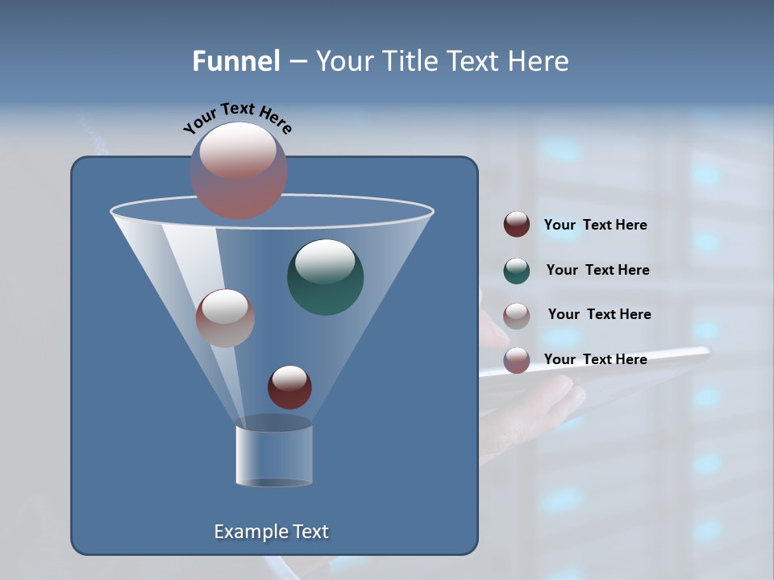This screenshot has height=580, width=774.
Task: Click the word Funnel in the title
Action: (235, 61)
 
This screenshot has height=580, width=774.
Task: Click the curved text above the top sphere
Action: (238, 118)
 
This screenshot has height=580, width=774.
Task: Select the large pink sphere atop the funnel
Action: (238, 170)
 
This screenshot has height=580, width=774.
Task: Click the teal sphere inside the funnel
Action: (325, 277)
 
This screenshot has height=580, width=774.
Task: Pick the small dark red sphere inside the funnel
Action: (289, 387)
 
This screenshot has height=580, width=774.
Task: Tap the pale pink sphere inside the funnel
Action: (225, 318)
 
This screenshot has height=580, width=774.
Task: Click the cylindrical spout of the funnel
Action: (274, 455)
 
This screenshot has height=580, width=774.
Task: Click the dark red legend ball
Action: (517, 225)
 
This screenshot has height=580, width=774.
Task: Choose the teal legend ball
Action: (517, 271)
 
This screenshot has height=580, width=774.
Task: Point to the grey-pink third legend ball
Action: (517, 315)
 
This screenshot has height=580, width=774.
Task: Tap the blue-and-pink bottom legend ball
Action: (517, 360)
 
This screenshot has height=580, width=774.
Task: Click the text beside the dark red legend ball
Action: (595, 225)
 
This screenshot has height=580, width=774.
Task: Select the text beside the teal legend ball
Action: (597, 270)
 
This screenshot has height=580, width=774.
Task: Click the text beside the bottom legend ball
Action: (595, 359)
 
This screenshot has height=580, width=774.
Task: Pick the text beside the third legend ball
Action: (599, 314)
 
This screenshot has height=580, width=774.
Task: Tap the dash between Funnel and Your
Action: (297, 62)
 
